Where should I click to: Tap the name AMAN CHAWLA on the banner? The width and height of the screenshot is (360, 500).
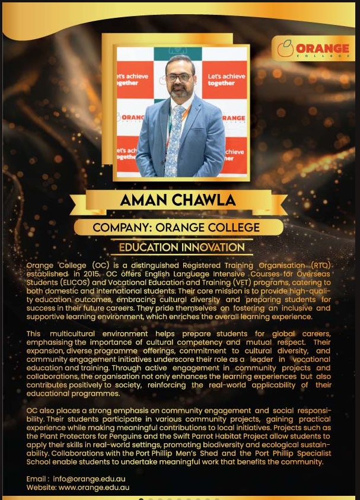coord(178,200)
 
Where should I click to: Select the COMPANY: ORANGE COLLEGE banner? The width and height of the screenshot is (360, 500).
coord(176,227)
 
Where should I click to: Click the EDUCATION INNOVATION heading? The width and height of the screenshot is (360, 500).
coord(181,247)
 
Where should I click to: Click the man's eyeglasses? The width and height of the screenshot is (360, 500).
coord(179,77)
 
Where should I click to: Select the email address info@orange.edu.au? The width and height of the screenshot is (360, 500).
coord(89,479)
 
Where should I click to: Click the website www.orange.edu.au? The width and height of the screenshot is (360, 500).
coord(94,488)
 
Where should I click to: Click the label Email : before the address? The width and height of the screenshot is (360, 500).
coord(38,479)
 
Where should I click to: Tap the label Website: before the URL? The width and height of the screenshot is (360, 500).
coord(41,488)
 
